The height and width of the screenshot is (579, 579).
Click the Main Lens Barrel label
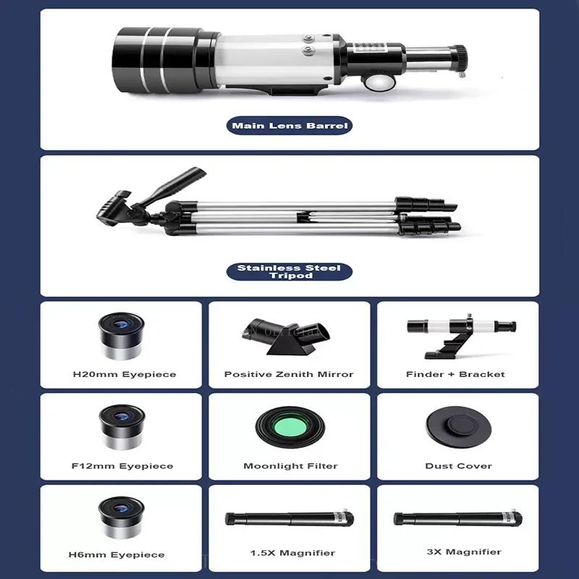click(289, 126)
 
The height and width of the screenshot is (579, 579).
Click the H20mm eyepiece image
click(122, 337)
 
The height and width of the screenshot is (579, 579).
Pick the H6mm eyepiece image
click(122, 518)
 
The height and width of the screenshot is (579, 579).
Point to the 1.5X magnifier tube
click(289, 519)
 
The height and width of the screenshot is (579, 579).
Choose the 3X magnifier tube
click(458, 519)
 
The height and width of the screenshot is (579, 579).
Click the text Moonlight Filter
click(290, 466)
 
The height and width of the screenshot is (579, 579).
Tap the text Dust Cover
click(458, 466)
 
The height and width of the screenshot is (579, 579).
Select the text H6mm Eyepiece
click(117, 555)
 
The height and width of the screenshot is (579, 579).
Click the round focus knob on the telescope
click(376, 82)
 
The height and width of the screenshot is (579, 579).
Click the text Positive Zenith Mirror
click(289, 374)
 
